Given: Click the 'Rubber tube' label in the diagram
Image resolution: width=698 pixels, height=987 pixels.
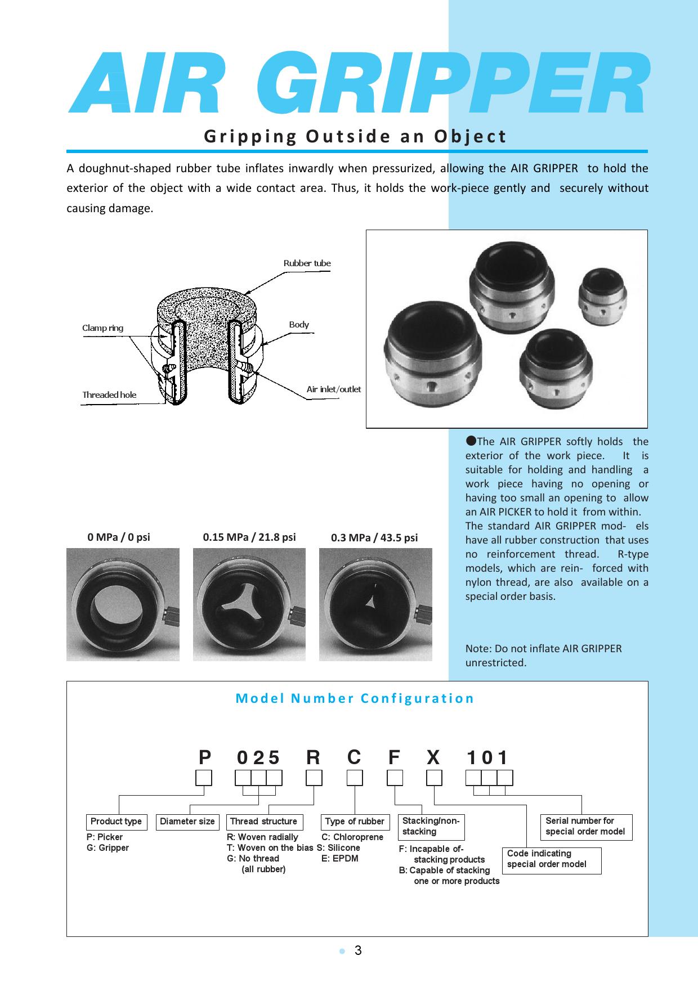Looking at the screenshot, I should click(307, 263).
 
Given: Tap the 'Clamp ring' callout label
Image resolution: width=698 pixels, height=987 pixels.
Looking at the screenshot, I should click(102, 328).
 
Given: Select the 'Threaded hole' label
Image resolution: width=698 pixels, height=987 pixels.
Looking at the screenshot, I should click(109, 395).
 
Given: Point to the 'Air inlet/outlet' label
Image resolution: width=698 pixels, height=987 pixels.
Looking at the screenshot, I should click(333, 389).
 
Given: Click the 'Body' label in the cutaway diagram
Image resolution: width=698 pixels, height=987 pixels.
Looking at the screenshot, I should click(299, 325).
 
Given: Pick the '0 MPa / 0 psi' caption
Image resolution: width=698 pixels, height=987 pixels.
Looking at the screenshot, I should click(119, 537).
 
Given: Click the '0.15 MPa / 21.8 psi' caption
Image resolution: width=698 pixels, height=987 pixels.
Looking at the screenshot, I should click(249, 537).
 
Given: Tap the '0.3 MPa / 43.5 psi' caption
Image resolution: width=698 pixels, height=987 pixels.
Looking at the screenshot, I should click(374, 537).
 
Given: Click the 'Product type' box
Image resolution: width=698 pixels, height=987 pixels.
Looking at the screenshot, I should click(116, 822).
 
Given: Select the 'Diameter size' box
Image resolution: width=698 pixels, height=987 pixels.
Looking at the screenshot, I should click(187, 822).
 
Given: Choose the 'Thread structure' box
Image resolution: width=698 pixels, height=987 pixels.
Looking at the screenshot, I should click(263, 822).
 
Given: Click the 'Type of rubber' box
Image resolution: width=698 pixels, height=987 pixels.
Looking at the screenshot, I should click(355, 822).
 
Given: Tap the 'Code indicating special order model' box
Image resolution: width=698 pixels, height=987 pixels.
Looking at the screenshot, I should click(551, 859).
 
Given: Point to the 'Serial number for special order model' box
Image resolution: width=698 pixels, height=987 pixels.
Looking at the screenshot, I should click(585, 826).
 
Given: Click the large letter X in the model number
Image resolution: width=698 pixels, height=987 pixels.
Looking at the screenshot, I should click(433, 758).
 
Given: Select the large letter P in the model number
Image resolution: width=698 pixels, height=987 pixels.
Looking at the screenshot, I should click(204, 758).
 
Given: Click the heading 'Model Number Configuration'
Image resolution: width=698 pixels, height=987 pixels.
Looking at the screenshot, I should click(355, 698).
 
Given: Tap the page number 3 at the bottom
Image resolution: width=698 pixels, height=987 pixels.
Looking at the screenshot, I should click(358, 951).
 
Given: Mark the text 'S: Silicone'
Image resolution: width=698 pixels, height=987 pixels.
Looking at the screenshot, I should click(338, 848).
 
